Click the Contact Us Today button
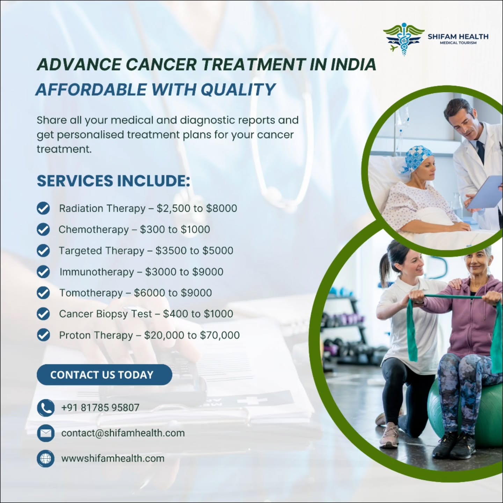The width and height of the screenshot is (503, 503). tap(104, 375)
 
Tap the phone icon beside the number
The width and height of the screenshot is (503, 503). tap(45, 408)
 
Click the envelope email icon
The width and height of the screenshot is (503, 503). tap(45, 433)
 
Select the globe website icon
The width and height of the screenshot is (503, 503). tap(45, 459)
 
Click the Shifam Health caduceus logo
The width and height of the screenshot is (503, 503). tap(403, 38)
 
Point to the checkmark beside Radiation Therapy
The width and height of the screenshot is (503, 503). tap(43, 209)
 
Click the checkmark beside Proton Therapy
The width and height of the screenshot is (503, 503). tap(43, 335)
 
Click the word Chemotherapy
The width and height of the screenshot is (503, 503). tap(94, 229)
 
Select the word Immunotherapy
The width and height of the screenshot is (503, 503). tap(97, 272)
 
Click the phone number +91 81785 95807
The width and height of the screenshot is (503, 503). tap(100, 408)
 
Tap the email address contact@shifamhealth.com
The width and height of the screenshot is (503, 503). tap(123, 433)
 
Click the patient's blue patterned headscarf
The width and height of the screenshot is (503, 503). tap(418, 158)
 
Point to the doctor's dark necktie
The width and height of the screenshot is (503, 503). tap(481, 150)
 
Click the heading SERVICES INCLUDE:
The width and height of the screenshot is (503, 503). tap(114, 181)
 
